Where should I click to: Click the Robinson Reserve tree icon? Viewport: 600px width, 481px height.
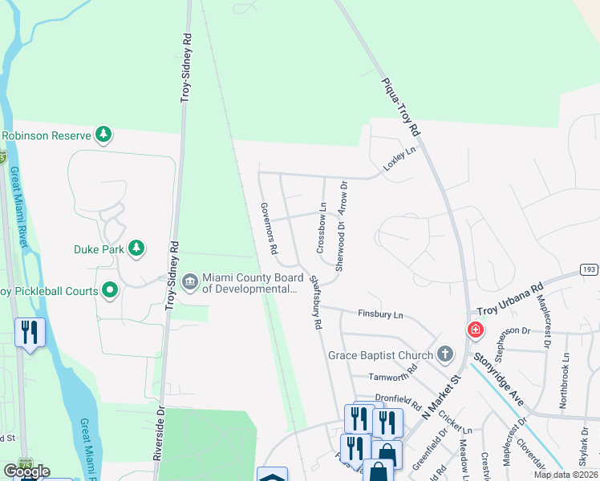click(x=103, y=135)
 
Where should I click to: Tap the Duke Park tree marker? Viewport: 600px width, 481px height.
click(x=136, y=249)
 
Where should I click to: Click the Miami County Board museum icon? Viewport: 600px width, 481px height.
click(x=190, y=281)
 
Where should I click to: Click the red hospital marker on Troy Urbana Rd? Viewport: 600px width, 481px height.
click(x=475, y=329)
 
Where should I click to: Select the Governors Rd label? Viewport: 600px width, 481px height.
click(x=268, y=228)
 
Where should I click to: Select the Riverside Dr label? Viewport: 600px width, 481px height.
click(x=158, y=432)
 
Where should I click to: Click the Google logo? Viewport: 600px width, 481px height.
click(x=26, y=471)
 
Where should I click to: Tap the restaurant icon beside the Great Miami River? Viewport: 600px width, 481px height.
click(x=30, y=333)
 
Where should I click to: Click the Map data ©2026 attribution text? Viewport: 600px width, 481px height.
click(x=565, y=475)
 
